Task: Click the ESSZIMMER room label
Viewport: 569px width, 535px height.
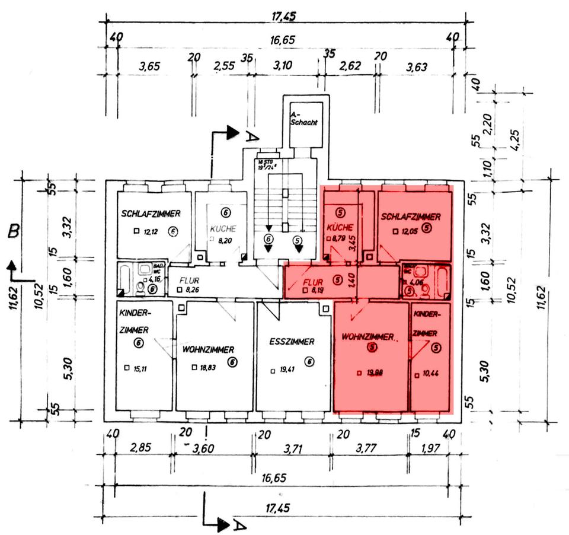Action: coord(292,342)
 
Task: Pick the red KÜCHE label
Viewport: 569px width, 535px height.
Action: coord(340,227)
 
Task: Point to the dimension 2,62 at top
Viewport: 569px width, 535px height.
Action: coord(351,66)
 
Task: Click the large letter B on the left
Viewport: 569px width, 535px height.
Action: coord(13,230)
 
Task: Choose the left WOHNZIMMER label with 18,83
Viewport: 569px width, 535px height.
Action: coord(208,349)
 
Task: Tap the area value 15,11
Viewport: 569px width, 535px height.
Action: coord(141,369)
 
